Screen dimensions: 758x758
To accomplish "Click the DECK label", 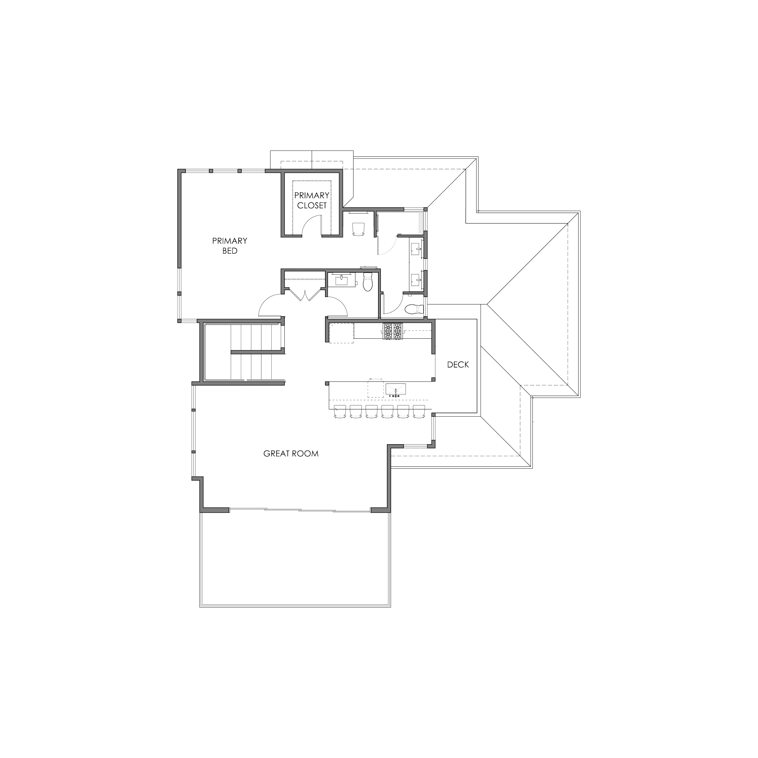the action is point(458,364).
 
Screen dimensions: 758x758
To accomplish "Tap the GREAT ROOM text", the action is point(291,454).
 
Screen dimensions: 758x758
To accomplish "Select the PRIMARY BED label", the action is point(230,246).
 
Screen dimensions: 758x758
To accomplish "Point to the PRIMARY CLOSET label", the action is point(312,200).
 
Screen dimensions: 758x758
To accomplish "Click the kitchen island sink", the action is point(396,390).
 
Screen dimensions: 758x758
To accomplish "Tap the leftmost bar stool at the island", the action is point(340,411).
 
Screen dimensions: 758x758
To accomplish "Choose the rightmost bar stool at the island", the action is point(419,411).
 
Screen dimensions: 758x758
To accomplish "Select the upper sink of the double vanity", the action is point(416,248).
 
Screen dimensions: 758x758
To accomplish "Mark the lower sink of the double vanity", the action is point(416,280).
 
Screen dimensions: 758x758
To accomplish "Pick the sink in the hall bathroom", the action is point(342,280).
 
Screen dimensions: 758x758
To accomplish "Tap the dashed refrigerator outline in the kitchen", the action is point(341,333).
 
